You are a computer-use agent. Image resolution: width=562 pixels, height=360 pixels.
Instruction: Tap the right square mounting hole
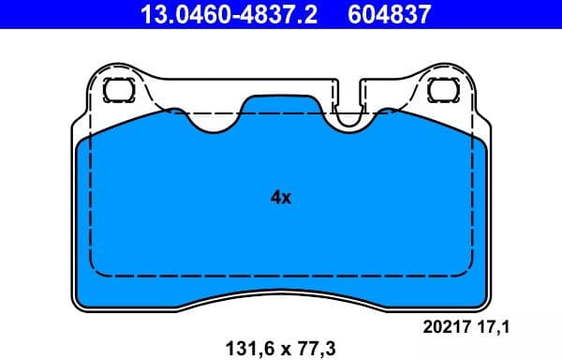(440, 90)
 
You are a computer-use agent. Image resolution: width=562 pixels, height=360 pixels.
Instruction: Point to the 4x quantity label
(281, 198)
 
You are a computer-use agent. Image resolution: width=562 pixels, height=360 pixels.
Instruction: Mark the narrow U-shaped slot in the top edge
(348, 108)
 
